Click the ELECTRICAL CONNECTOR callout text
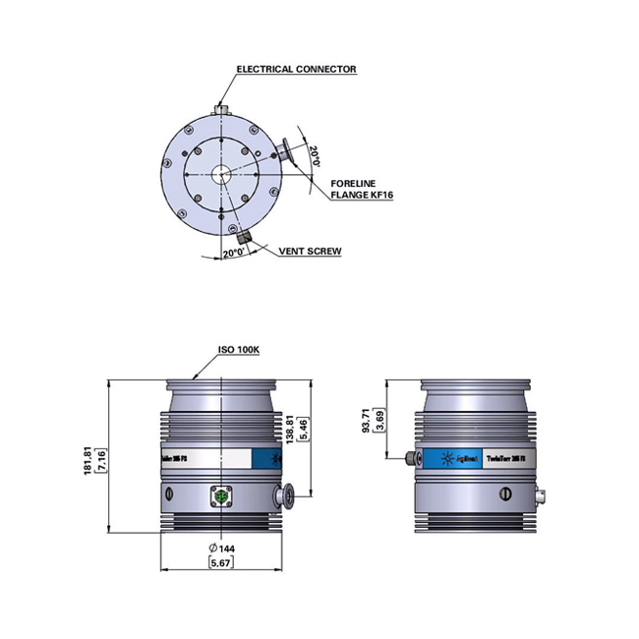(x=296, y=70)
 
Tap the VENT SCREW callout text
(x=310, y=252)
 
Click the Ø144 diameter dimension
(x=221, y=548)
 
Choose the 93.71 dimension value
(x=366, y=421)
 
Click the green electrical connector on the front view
(x=221, y=498)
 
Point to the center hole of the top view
(x=221, y=172)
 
